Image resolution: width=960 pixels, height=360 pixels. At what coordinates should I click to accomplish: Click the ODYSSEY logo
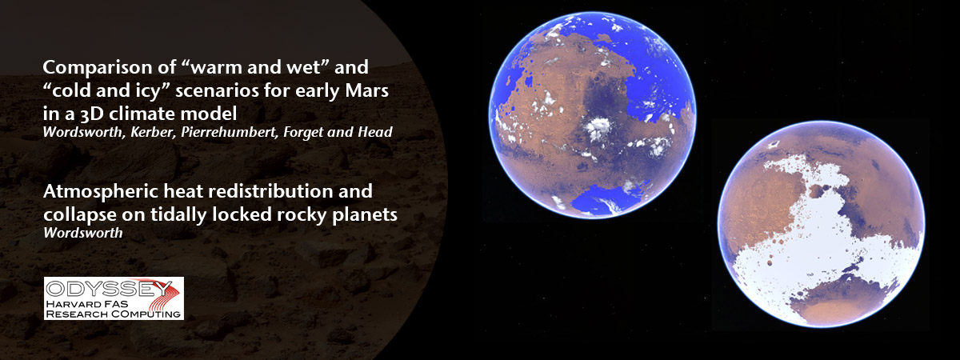[114, 298]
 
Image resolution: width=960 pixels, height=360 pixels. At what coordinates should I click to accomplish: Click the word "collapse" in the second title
[74, 215]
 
